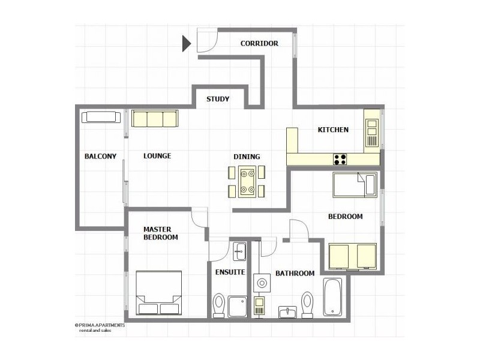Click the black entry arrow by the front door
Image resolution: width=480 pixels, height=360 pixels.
click(186, 43)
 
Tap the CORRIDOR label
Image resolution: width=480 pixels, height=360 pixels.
click(259, 43)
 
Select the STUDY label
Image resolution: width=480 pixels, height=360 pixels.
click(217, 99)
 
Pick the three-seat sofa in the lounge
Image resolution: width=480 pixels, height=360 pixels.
click(155, 118)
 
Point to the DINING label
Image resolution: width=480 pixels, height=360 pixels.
click(247, 157)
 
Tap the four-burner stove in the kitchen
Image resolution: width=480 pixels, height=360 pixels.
click(341, 159)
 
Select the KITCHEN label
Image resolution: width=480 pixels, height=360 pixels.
click(333, 130)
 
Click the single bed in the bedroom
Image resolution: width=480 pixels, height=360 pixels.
click(354, 185)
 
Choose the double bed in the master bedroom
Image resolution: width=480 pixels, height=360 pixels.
click(158, 293)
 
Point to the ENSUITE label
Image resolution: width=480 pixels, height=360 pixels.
click(230, 272)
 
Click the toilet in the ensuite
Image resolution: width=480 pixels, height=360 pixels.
click(219, 305)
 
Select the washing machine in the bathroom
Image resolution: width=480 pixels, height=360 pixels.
click(262, 282)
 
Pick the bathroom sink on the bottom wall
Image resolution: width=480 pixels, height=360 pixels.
click(288, 312)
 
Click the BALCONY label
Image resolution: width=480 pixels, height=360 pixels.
click(100, 156)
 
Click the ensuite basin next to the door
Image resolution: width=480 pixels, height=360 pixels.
click(239, 251)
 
